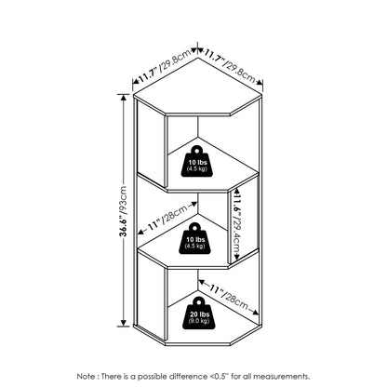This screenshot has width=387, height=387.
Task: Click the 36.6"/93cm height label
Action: [124, 211]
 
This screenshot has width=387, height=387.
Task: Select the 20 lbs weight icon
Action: [198, 313]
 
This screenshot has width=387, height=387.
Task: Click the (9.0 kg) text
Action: [199, 321]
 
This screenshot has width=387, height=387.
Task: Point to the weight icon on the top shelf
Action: [196, 161]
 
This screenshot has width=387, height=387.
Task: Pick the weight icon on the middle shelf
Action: [195, 238]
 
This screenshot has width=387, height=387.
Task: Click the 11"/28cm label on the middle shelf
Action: [167, 217]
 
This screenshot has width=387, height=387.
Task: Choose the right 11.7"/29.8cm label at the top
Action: [230, 66]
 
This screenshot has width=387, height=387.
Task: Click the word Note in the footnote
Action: [87, 377]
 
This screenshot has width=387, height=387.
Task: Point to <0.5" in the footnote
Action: [220, 377]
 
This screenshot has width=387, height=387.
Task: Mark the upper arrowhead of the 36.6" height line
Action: [125, 98]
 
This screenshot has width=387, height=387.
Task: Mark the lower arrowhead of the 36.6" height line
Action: [125, 323]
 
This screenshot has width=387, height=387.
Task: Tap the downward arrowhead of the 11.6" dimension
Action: [237, 257]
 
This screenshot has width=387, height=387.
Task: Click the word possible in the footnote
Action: [153, 377]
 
